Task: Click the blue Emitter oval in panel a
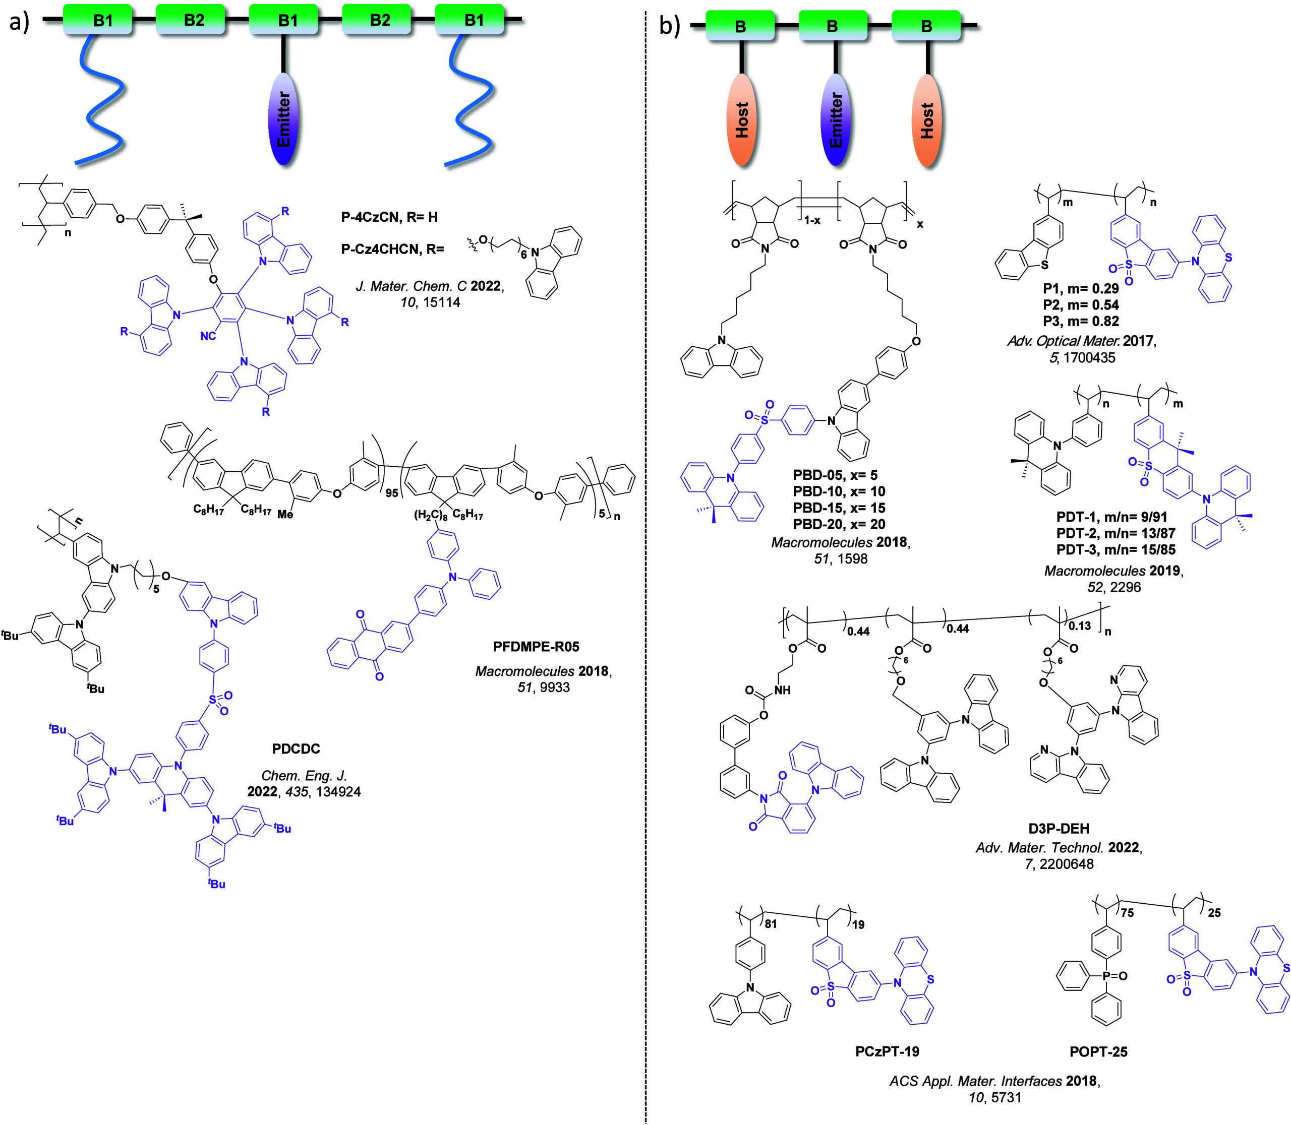284,119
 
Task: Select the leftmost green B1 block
102,20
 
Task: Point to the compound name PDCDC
296,749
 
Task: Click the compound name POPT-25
1098,1051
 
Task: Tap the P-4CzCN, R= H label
389,217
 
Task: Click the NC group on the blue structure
208,337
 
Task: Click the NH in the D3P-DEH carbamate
783,691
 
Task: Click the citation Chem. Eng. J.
304,776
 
